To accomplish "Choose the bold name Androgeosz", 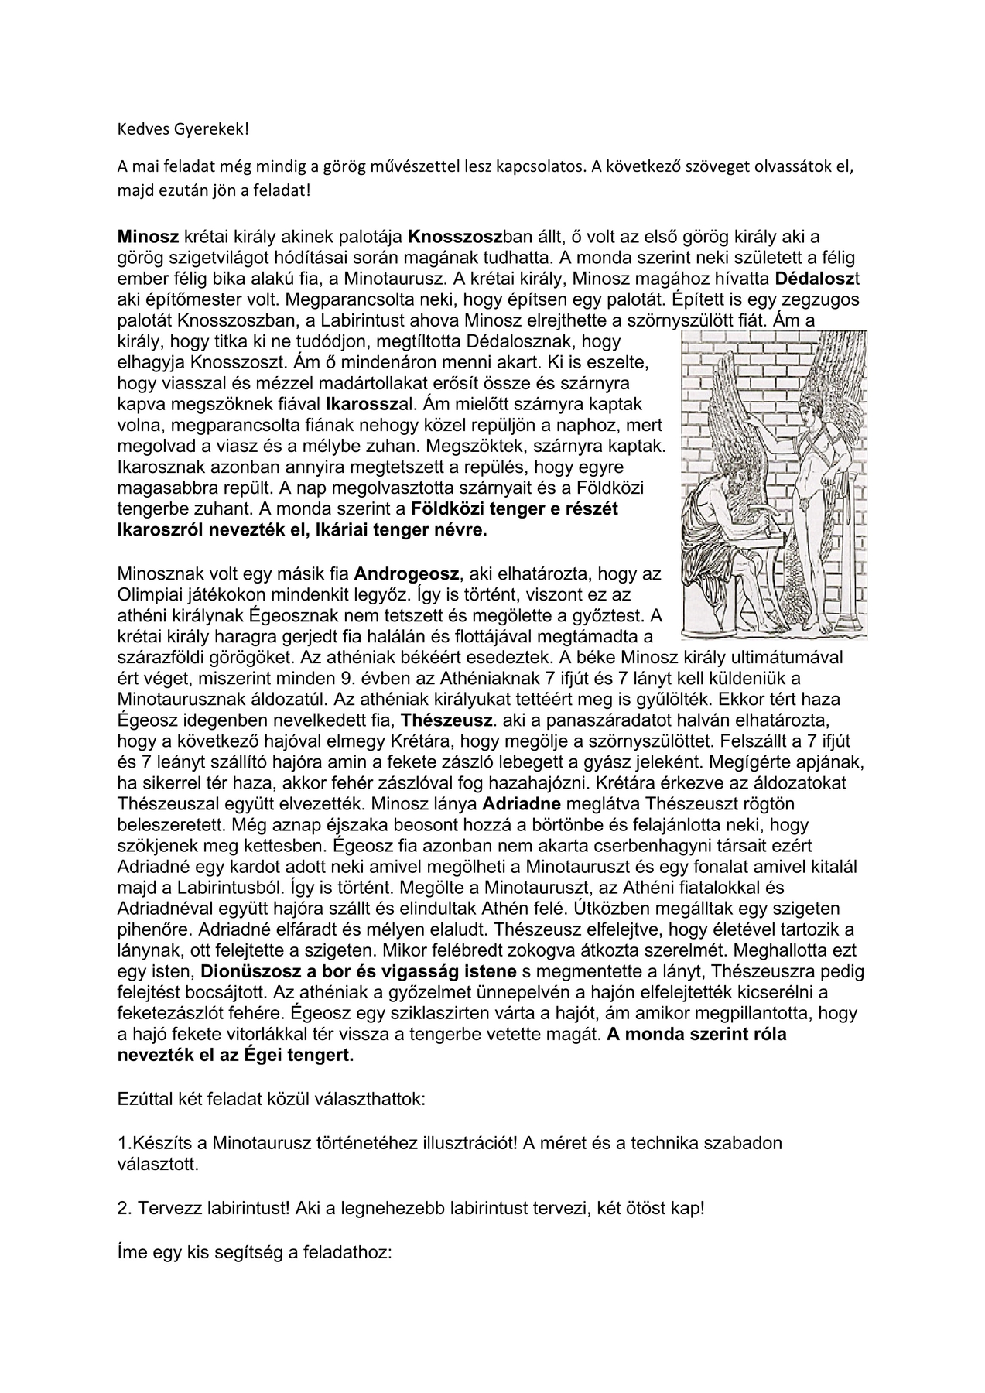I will point(407,573).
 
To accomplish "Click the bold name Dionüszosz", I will point(248,971).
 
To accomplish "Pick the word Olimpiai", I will point(149,595).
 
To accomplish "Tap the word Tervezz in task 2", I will point(165,1208).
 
